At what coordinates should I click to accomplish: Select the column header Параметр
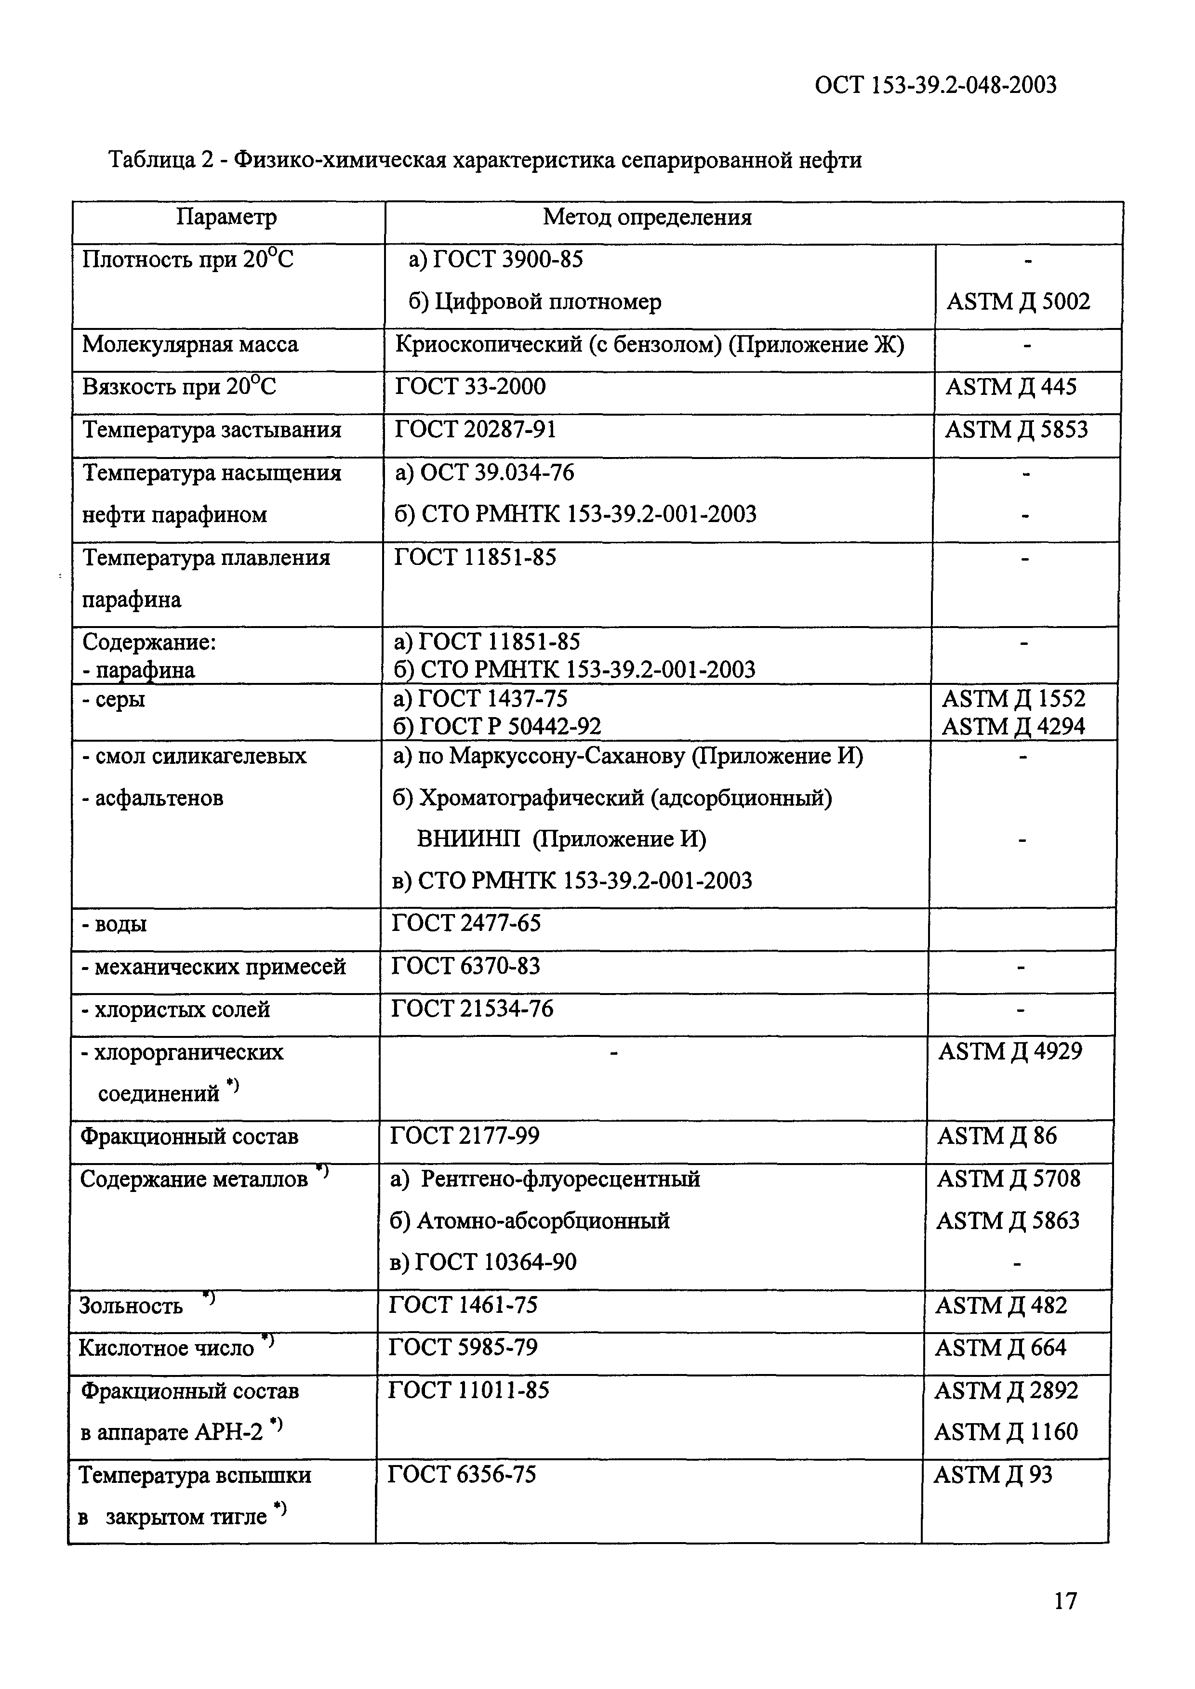(x=226, y=217)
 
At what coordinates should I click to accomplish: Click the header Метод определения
(x=647, y=217)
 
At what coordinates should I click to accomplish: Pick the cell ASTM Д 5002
(x=1018, y=301)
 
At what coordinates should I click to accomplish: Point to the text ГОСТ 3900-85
(x=508, y=259)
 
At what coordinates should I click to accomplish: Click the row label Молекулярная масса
(x=190, y=344)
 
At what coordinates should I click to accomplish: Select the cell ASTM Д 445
(x=1010, y=387)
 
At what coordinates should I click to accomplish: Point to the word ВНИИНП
(x=468, y=839)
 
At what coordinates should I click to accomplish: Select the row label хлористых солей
(x=175, y=1010)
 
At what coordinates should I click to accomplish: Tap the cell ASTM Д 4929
(x=1009, y=1052)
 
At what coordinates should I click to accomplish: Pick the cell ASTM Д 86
(x=996, y=1137)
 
